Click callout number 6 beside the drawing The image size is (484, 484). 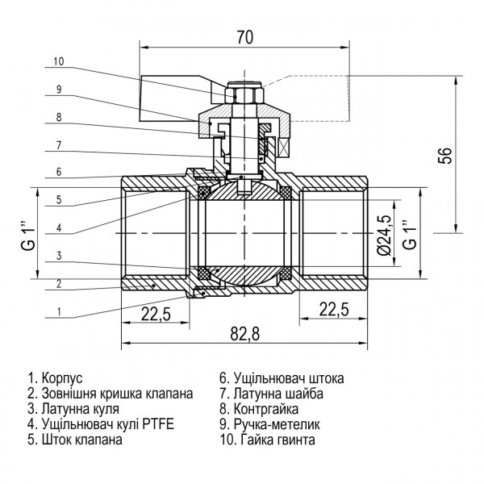pyautogui.click(x=58, y=171)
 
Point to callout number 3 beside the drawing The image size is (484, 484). pyautogui.click(x=58, y=256)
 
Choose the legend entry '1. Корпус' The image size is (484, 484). pyautogui.click(x=56, y=378)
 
